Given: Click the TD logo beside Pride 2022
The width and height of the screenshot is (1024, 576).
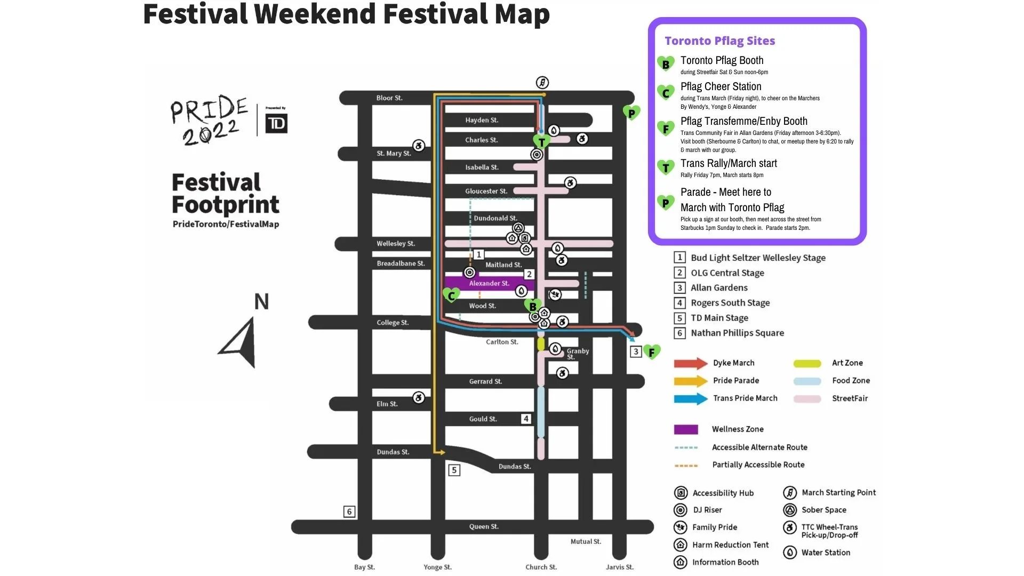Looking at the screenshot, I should click(x=276, y=124).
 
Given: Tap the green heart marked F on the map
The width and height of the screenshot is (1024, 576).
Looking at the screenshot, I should click(x=652, y=352).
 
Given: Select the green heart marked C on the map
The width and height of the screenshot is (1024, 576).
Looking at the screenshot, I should click(x=451, y=295).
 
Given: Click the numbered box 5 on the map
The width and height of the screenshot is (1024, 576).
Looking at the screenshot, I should click(x=454, y=470).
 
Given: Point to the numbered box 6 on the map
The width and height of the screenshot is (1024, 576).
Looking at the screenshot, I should click(x=349, y=511).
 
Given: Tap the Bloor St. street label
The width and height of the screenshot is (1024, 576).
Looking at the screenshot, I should click(x=389, y=98).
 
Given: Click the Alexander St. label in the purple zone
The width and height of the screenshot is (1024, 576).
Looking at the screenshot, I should click(x=489, y=283).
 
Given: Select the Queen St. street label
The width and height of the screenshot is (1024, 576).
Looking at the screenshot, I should click(x=484, y=526).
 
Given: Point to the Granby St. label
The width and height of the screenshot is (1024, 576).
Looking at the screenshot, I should click(x=577, y=354).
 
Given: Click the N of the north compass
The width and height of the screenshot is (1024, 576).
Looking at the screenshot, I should click(x=261, y=302).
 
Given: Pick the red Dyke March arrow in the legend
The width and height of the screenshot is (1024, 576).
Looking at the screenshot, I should click(x=690, y=363).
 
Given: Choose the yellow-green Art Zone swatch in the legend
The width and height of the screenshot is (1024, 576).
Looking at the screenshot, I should click(x=807, y=364).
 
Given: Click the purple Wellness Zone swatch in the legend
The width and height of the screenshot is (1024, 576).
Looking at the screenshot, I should click(x=686, y=429).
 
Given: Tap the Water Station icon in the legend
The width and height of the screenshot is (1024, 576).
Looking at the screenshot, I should click(x=790, y=553).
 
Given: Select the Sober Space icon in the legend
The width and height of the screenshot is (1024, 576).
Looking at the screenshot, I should click(x=790, y=510).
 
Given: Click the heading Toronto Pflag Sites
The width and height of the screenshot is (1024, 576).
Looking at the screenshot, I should click(x=719, y=41).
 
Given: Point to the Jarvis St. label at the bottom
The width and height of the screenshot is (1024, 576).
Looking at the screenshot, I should click(x=620, y=567).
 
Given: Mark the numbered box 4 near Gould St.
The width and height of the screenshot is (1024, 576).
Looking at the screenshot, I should click(x=526, y=419).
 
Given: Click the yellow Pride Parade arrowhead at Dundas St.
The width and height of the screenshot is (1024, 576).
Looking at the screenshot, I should click(x=442, y=452).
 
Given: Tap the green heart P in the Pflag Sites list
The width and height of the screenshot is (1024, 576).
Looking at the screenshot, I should click(x=666, y=203).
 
